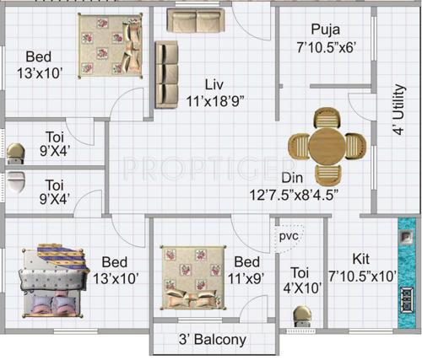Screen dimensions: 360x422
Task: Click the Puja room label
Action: point(325,30)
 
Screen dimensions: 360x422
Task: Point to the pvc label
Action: point(289,237)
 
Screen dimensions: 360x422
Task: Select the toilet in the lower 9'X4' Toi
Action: point(16,180)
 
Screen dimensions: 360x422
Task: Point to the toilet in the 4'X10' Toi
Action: point(300,318)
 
